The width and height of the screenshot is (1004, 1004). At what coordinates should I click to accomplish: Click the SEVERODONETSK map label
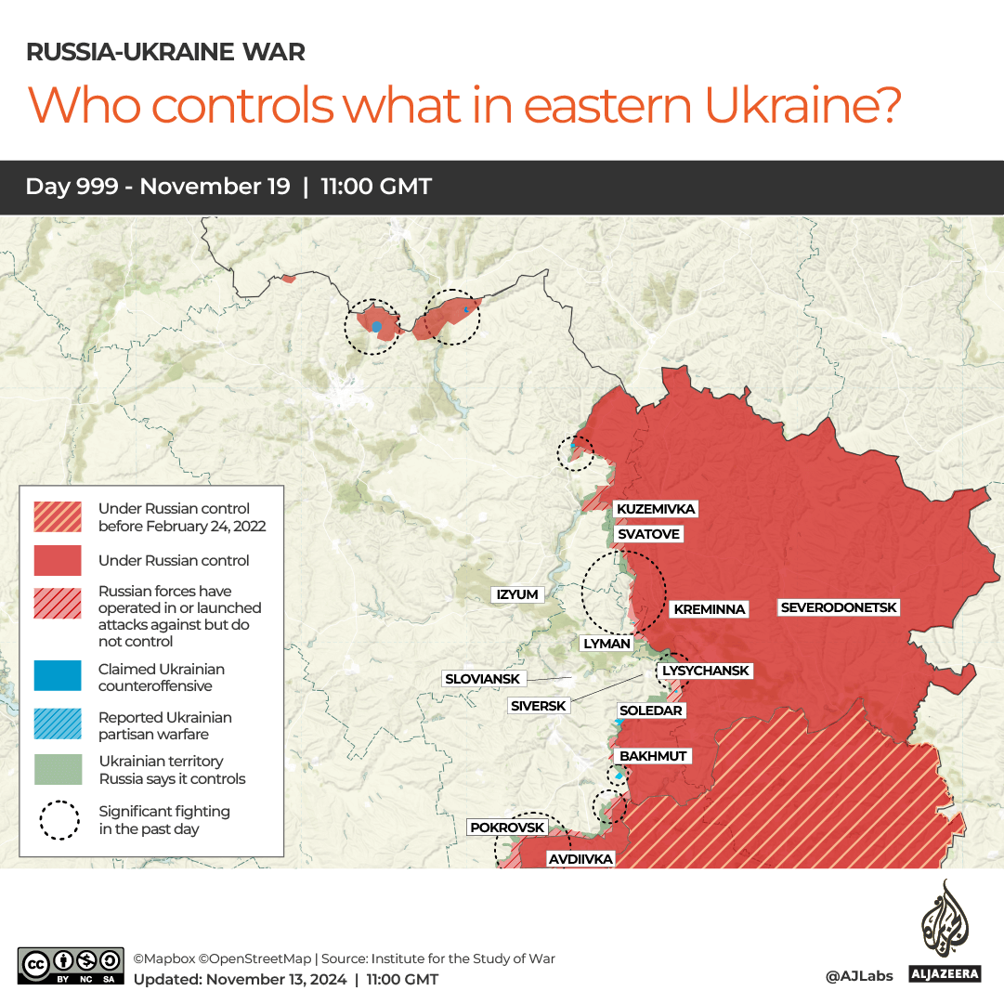(839, 607)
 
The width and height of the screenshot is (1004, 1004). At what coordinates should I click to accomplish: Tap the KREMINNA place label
(710, 609)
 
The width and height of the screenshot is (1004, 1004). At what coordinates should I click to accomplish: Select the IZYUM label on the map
(517, 594)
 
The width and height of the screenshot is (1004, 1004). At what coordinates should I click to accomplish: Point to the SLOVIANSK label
(482, 679)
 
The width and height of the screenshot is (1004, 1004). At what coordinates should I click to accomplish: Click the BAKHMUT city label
(653, 756)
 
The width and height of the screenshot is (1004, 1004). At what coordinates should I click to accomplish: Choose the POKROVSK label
(507, 828)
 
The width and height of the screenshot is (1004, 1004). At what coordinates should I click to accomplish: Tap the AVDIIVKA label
(580, 859)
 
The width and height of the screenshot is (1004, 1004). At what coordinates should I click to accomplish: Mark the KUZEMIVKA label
(656, 509)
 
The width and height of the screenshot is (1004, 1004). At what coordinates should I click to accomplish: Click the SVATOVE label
(648, 534)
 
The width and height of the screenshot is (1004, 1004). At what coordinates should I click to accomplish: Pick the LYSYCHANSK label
(705, 671)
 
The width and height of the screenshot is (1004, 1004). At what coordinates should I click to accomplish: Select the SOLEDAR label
(651, 711)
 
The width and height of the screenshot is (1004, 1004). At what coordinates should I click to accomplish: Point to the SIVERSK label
(539, 706)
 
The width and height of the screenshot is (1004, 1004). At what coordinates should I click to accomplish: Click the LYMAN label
(606, 643)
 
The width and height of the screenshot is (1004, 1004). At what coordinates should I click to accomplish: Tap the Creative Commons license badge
(71, 965)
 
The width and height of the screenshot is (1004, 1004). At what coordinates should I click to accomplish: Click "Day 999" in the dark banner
(72, 187)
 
